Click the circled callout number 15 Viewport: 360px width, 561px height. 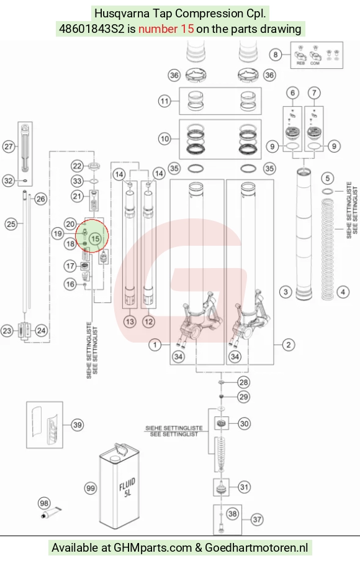coord(95,239)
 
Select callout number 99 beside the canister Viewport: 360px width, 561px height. coord(91,488)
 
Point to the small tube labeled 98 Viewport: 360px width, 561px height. coord(51,513)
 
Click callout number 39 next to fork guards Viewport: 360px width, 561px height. coord(78,424)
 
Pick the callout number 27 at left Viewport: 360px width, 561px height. coord(9,146)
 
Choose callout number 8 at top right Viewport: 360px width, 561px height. coord(275,55)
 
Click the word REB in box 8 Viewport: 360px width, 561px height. coord(300,63)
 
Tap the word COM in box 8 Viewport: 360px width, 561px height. coord(315,63)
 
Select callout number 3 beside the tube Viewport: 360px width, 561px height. coord(286,292)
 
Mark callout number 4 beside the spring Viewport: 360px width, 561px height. coord(343,292)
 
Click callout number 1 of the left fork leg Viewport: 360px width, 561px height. coord(155,345)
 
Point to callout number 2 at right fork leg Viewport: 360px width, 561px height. coord(289,345)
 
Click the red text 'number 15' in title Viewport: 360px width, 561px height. coord(166,29)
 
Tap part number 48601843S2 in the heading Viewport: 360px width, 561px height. coord(92,29)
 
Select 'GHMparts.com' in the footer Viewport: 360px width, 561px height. coord(153,548)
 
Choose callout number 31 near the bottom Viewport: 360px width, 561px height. coord(244,487)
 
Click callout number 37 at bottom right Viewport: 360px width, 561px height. coord(257,519)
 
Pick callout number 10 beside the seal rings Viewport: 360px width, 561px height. coord(164,138)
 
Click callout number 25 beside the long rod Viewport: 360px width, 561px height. coord(11,224)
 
